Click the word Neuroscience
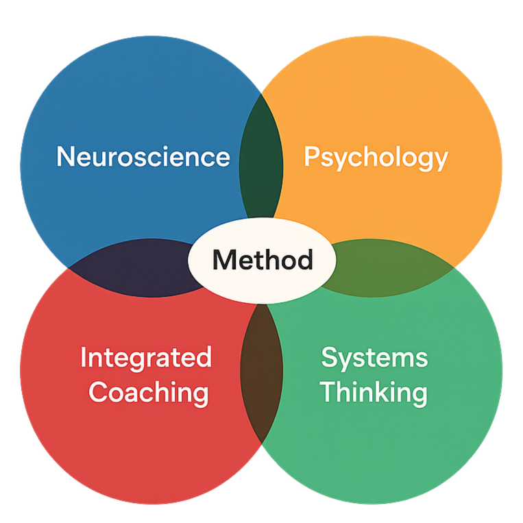click(143, 156)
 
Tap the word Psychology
click(376, 158)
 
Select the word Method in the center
click(263, 260)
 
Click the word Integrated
click(146, 358)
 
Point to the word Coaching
click(149, 393)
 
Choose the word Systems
click(374, 358)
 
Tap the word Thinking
click(374, 393)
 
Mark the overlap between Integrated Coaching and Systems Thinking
click(261, 370)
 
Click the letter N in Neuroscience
click(64, 156)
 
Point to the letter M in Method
click(223, 260)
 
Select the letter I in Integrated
click(84, 358)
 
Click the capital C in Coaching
click(99, 393)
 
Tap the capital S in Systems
click(330, 358)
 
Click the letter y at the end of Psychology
click(441, 160)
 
